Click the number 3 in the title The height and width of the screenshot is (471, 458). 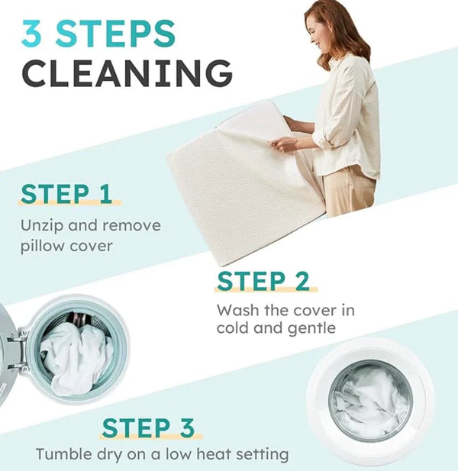(34, 34)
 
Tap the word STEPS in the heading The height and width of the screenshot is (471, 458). (115, 34)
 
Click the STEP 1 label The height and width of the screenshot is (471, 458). (66, 193)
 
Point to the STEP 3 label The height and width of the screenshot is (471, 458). (149, 427)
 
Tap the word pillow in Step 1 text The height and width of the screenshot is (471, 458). (41, 246)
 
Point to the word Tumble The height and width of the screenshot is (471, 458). (61, 454)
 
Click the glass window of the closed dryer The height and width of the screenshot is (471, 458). (372, 399)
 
